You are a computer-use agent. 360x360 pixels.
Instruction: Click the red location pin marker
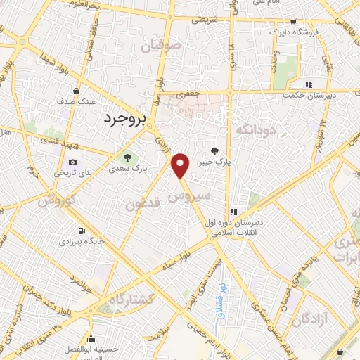click(x=181, y=166)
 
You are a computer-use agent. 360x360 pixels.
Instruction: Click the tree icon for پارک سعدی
click(x=127, y=157)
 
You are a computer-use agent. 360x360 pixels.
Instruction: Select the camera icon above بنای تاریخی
click(x=72, y=163)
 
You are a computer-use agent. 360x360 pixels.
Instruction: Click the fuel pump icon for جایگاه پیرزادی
click(x=83, y=231)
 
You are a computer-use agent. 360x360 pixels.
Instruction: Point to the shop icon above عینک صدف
click(x=76, y=91)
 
